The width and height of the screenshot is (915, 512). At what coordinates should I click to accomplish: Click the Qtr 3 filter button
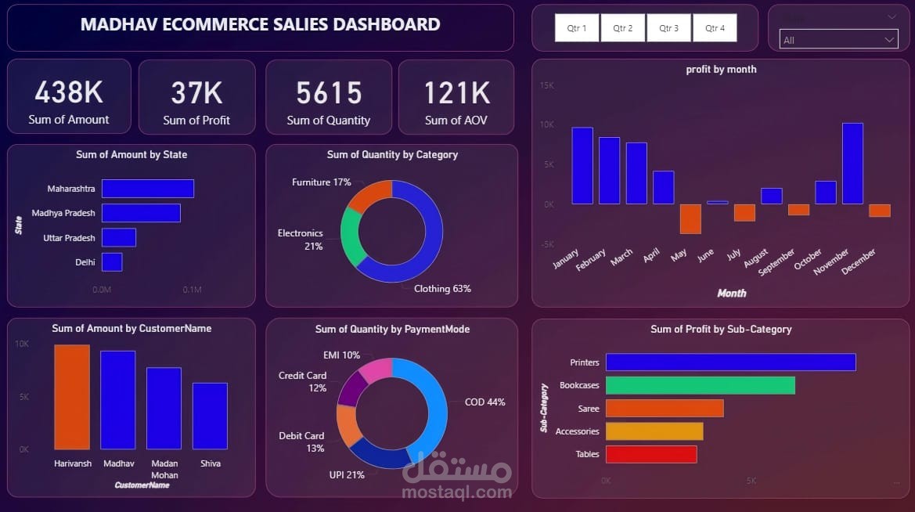coord(668,28)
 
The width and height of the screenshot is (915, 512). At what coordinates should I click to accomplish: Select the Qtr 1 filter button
coord(576,28)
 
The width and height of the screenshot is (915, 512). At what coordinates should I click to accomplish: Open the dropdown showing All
coord(838,40)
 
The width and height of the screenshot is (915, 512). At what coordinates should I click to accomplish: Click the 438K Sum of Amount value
coord(69,93)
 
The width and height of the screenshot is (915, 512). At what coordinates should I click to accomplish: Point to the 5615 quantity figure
coord(329,93)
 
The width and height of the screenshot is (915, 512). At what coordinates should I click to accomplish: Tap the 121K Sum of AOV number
coord(456,93)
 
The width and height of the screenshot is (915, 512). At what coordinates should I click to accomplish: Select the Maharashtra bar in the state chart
coord(147,189)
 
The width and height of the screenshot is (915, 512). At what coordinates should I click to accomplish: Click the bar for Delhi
coord(112,262)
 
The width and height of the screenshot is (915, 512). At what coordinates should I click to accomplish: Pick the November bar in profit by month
coord(852,164)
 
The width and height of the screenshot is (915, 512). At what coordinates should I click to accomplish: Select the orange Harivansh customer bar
coord(72,397)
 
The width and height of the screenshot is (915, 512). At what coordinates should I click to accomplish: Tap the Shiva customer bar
coord(210,416)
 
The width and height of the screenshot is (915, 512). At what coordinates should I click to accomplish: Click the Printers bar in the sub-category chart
coord(730,362)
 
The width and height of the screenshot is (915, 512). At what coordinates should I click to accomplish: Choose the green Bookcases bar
coord(700,385)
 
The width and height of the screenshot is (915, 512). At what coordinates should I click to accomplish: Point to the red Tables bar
coord(650,454)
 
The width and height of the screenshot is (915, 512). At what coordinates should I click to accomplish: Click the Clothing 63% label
coord(442,289)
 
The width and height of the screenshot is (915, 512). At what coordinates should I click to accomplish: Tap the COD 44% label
coord(485,402)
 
